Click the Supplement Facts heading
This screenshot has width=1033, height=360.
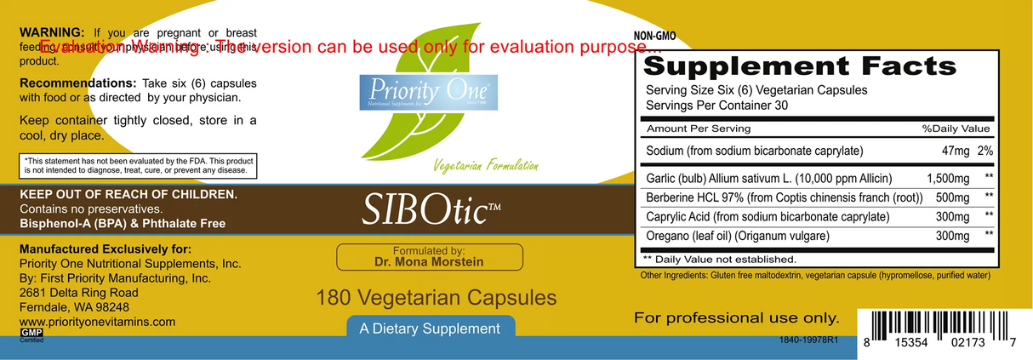800,66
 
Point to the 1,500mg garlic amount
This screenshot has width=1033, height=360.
947,179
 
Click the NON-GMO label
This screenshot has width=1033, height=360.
655,37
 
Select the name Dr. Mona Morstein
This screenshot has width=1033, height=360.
429,262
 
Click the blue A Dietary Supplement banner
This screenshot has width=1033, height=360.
430,329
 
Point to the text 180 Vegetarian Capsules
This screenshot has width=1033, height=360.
436,298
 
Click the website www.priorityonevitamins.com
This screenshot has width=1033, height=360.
97,322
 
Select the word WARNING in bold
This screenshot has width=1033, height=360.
52,32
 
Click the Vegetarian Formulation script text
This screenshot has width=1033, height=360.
485,165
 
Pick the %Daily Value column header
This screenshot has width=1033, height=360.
956,129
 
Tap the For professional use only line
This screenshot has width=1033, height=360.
736,318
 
